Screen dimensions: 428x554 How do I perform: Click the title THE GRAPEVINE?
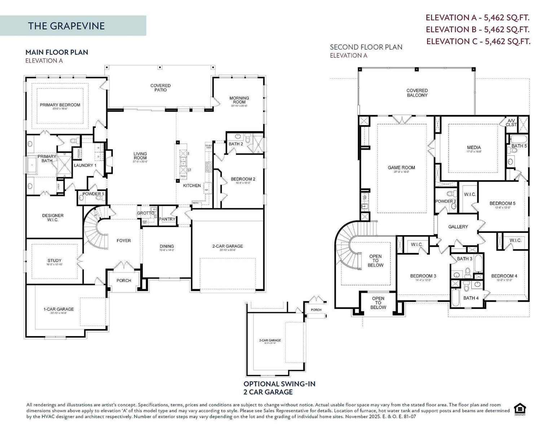pyautogui.click(x=66, y=26)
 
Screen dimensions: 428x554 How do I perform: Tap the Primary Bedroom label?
pyautogui.click(x=60, y=105)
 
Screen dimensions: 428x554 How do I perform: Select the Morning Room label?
pyautogui.click(x=239, y=100)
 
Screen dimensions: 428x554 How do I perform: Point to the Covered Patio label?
pyautogui.click(x=161, y=88)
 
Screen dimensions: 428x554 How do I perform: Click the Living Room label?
pyautogui.click(x=140, y=156)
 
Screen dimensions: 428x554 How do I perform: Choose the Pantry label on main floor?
pyautogui.click(x=167, y=219)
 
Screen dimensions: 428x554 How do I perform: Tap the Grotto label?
pyautogui.click(x=145, y=213)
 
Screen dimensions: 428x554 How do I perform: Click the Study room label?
pyautogui.click(x=54, y=260)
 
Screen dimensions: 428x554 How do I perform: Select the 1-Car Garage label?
pyautogui.click(x=58, y=309)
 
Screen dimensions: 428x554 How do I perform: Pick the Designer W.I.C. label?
pyautogui.click(x=53, y=217)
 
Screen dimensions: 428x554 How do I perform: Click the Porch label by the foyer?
pyautogui.click(x=124, y=281)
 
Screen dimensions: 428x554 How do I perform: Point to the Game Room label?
pyautogui.click(x=401, y=168)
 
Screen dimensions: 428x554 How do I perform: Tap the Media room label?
pyautogui.click(x=474, y=147)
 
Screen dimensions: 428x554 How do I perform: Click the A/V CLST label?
pyautogui.click(x=511, y=123)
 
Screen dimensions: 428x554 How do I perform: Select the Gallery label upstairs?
pyautogui.click(x=458, y=227)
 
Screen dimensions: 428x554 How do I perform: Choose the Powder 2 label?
pyautogui.click(x=445, y=201)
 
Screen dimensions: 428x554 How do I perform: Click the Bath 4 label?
pyautogui.click(x=471, y=298)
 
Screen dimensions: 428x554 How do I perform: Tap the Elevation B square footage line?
pyautogui.click(x=478, y=29)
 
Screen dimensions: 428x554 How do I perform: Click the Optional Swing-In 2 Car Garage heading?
pyautogui.click(x=280, y=388)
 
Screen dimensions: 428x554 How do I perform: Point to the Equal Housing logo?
pyautogui.click(x=520, y=409)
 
